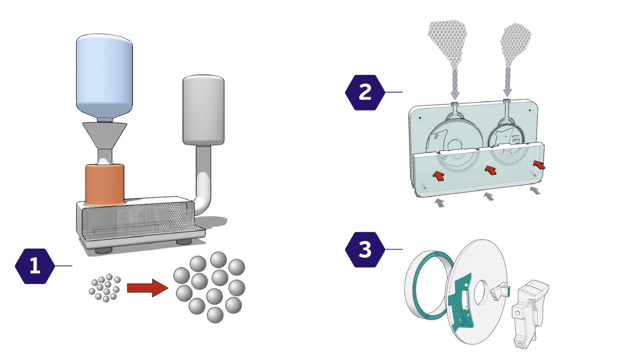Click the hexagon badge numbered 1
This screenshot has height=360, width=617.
34,266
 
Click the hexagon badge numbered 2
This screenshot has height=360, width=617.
364,92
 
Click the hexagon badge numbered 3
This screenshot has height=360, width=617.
364,250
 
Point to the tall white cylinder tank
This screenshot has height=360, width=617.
203,109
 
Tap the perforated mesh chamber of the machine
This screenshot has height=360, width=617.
137,220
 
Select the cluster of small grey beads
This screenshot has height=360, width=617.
105,288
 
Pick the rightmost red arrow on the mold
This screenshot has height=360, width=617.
540,165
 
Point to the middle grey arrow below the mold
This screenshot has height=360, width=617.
488,196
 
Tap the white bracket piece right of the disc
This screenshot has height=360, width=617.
529,311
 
